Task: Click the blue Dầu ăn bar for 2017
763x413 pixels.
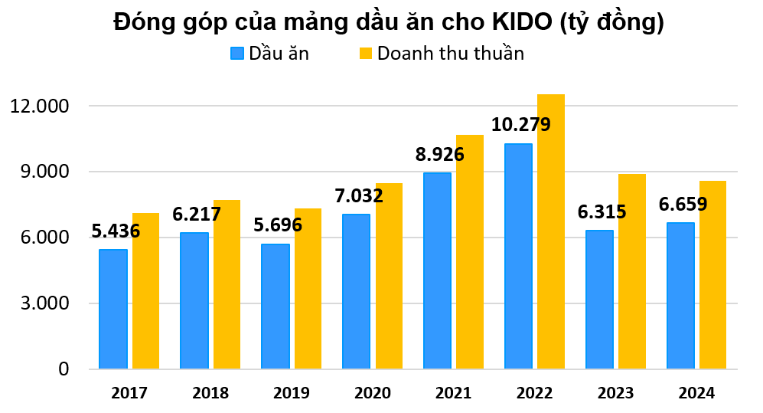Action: [x=113, y=309]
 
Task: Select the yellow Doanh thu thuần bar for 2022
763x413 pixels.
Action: [x=551, y=231]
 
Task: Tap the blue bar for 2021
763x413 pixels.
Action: [x=438, y=270]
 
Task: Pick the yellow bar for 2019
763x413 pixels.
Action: [x=308, y=289]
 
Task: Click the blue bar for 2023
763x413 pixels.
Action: [x=600, y=300]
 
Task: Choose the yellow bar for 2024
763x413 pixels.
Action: [x=712, y=275]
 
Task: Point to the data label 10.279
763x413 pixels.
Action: [x=520, y=124]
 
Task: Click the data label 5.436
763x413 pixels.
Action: [x=116, y=230]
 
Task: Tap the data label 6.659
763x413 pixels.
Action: [x=682, y=204]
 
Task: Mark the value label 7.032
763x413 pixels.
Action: [x=358, y=195]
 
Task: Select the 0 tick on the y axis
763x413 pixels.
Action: [x=64, y=369]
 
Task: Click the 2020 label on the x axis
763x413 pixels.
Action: [x=373, y=393]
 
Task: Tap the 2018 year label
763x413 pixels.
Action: [x=210, y=393]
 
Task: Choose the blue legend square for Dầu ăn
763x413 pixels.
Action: [x=237, y=53]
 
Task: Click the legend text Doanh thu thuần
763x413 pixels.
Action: [x=450, y=53]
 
